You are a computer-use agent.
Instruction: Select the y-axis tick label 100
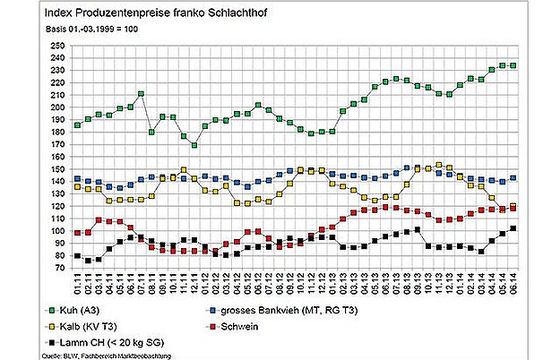[x=57, y=231]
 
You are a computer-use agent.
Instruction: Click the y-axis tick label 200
[x=57, y=107]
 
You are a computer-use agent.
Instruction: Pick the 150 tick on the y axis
[x=57, y=169]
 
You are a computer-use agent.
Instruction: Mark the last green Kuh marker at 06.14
[x=513, y=65]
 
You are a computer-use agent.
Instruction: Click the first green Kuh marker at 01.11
[x=78, y=125]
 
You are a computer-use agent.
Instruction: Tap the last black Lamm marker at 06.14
[x=513, y=228]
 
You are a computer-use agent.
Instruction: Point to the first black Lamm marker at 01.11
[x=78, y=256]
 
